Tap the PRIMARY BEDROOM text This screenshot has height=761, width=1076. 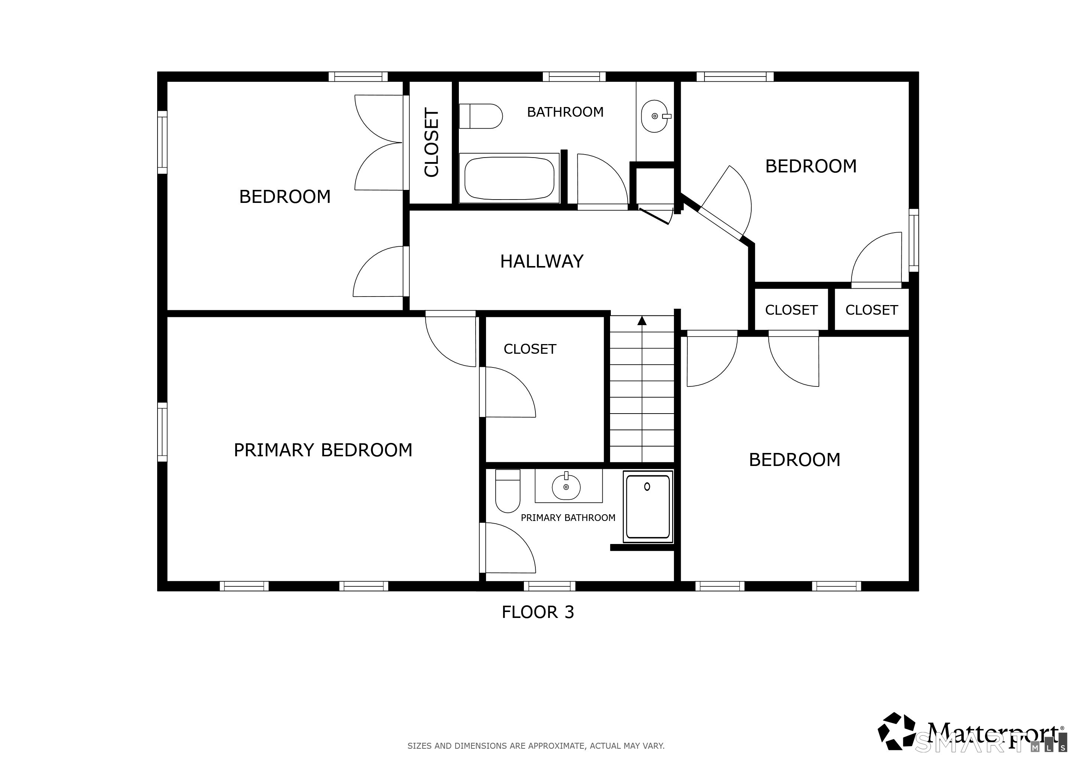323,450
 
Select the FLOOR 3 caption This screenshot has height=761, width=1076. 538,612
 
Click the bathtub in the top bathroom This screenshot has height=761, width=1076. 509,178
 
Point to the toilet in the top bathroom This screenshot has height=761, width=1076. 481,116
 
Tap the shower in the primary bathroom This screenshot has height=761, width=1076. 648,506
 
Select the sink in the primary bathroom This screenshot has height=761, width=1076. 566,487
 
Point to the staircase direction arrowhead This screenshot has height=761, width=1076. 642,321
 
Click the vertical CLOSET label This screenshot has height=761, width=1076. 431,143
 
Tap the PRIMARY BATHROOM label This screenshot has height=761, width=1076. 568,518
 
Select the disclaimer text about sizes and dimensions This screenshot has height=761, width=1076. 536,745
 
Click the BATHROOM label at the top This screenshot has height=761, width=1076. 565,112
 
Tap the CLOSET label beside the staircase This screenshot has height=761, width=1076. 530,349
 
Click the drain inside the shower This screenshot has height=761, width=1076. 647,487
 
